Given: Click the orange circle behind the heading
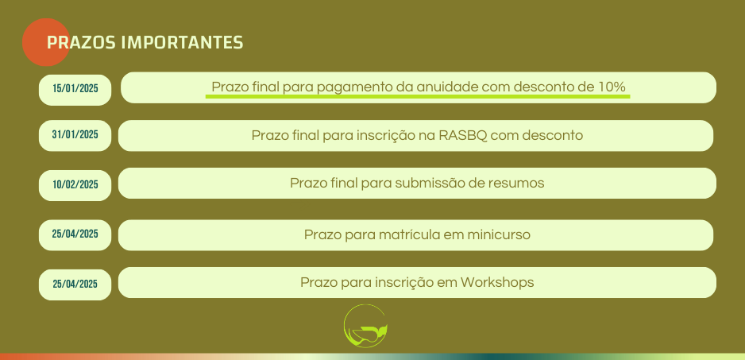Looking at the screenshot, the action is [46, 42].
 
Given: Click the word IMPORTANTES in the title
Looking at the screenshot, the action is [182, 42].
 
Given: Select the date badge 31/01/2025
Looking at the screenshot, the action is [75, 135].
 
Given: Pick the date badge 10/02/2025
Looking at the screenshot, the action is [75, 184].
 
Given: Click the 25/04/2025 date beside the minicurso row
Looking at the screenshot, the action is [75, 234].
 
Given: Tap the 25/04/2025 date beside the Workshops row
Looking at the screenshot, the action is [75, 284].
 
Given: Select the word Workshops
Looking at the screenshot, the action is [497, 282].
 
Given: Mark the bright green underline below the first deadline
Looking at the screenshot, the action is [418, 96].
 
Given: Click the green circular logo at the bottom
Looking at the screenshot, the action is [365, 326].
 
